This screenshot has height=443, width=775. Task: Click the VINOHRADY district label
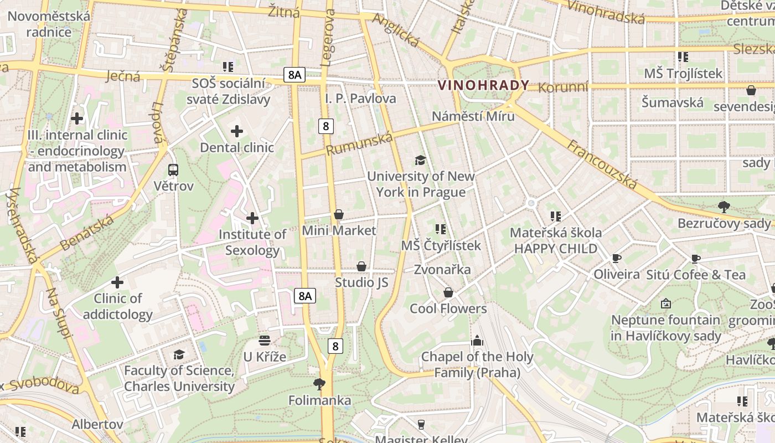pos(484,85)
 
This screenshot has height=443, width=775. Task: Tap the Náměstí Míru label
pos(473,116)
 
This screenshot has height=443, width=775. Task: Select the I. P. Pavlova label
pos(360,99)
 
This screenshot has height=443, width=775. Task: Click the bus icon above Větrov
pos(173,170)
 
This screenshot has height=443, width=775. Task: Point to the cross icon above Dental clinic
pos(237,131)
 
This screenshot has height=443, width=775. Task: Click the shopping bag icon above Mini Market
pos(339,214)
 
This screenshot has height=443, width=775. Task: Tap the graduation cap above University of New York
pos(421,161)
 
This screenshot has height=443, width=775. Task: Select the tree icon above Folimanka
pos(319,383)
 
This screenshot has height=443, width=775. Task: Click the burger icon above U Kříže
pos(265,340)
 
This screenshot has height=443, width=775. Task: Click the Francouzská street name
pos(602,164)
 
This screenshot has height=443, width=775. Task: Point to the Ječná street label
pos(122,75)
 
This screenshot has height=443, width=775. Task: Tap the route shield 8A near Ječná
pos(294,75)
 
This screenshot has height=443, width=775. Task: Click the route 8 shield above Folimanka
pos(335,347)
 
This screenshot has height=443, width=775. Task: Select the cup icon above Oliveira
pos(616,258)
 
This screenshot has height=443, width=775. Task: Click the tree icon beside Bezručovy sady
pos(724,207)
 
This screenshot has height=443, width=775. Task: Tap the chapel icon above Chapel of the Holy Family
pos(477,341)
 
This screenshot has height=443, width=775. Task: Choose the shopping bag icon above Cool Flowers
pos(448,292)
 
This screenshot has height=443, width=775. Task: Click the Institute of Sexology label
pos(252,242)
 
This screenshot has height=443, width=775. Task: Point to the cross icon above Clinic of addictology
pos(117,282)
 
